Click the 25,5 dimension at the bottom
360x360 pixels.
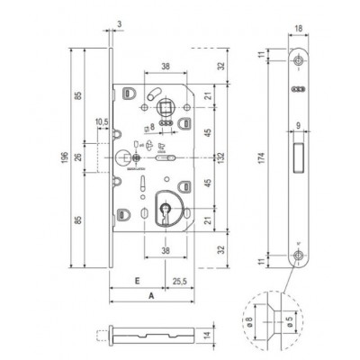(181, 279)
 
